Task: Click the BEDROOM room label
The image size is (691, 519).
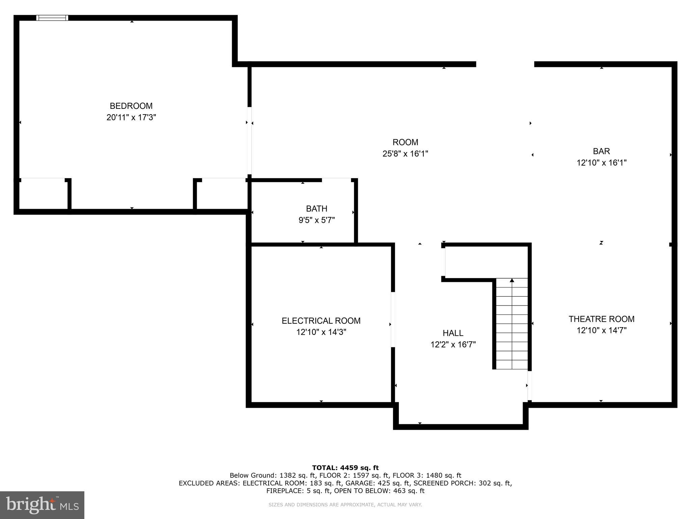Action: pyautogui.click(x=131, y=106)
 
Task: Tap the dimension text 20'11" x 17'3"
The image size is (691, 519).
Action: pyautogui.click(x=131, y=118)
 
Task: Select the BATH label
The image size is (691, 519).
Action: pyautogui.click(x=316, y=208)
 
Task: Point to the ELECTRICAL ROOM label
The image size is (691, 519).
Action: pyautogui.click(x=321, y=321)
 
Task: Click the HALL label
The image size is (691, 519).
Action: pyautogui.click(x=453, y=333)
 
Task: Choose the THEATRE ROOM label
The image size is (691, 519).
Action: pyautogui.click(x=601, y=319)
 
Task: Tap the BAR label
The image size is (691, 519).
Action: pyautogui.click(x=601, y=151)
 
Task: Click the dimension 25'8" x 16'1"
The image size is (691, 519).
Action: pyautogui.click(x=405, y=154)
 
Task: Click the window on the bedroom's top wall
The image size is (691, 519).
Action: pyautogui.click(x=52, y=18)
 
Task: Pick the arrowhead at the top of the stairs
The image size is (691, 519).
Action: pyautogui.click(x=512, y=280)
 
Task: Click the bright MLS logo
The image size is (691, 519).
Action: pyautogui.click(x=42, y=505)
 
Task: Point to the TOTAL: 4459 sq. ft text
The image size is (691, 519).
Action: pyautogui.click(x=345, y=468)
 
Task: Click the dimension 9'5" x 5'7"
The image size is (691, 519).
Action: pyautogui.click(x=316, y=220)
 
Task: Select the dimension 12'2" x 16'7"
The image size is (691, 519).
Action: pyautogui.click(x=453, y=345)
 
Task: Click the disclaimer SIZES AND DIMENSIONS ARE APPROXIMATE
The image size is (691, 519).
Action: pyautogui.click(x=345, y=505)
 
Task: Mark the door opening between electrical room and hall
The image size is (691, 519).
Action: pyautogui.click(x=393, y=319)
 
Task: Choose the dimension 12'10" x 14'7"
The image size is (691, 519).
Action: pyautogui.click(x=601, y=330)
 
